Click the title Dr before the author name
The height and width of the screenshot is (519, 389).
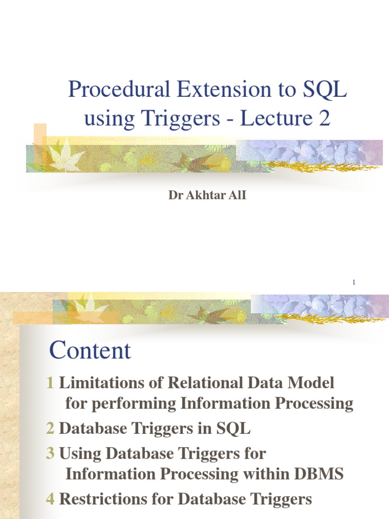(x=175, y=195)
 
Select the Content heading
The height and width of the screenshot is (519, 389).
(x=90, y=351)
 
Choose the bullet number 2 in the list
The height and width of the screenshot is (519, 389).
(x=50, y=429)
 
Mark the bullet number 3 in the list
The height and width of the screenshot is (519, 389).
(x=50, y=453)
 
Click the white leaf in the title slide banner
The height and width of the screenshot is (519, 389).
(x=66, y=157)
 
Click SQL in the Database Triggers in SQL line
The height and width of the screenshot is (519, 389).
(x=234, y=429)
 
